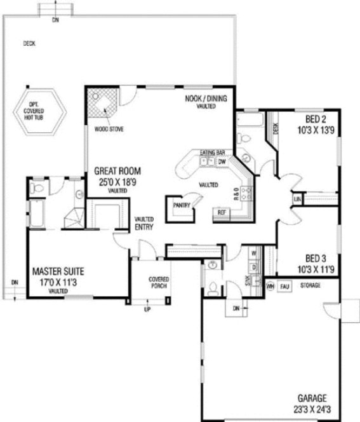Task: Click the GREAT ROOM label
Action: point(117,171)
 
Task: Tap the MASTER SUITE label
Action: point(58,271)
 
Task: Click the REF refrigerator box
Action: point(222,212)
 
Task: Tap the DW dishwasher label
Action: point(222,162)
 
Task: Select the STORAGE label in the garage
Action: point(310,286)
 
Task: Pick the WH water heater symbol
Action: point(270,286)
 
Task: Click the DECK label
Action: point(29,44)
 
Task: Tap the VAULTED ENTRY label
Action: point(143,222)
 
